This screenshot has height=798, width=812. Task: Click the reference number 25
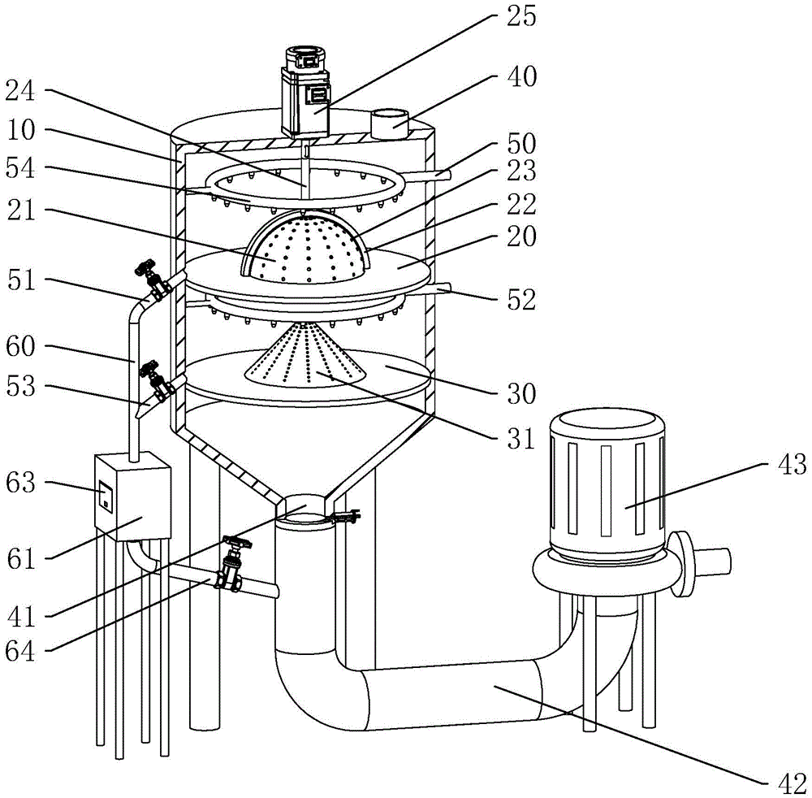tap(520, 16)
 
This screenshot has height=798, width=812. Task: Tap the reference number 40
tap(521, 76)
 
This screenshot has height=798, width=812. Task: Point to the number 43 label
tap(790, 464)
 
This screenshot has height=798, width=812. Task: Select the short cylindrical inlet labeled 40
tap(390, 124)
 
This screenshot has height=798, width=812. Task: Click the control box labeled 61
tap(133, 496)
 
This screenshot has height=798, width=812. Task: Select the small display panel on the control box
tap(106, 496)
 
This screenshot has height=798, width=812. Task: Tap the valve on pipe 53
tap(155, 383)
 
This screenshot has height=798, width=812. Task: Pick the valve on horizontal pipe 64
tap(231, 565)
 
